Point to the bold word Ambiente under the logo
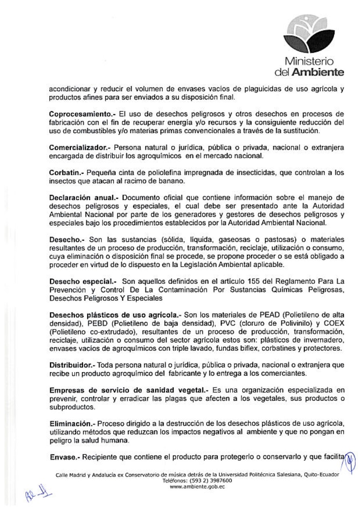321,73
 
